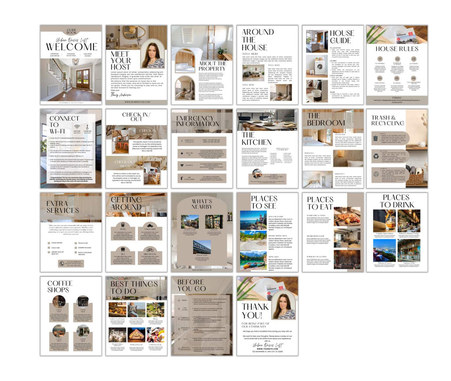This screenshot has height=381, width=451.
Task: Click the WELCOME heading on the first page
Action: [71, 47]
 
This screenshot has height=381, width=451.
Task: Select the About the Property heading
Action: [213, 66]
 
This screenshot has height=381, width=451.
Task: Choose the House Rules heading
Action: [397, 49]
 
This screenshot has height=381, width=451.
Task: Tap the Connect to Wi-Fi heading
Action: [64, 124]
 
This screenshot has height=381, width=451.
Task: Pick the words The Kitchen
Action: [256, 138]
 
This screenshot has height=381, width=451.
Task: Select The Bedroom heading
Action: [326, 120]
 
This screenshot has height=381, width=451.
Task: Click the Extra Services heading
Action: [63, 206]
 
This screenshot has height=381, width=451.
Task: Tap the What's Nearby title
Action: [202, 204]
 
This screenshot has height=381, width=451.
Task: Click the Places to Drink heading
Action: [396, 201]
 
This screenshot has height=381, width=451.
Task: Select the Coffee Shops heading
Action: [59, 286]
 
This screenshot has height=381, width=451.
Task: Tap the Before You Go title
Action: [191, 285]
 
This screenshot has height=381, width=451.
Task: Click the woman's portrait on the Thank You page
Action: [284, 307]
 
